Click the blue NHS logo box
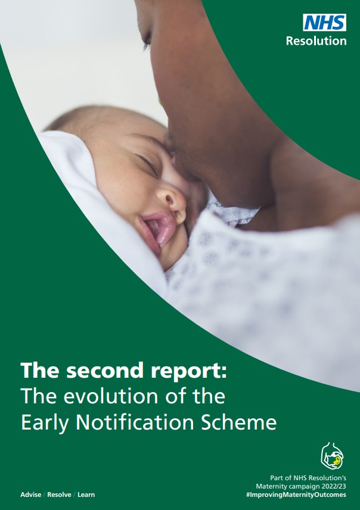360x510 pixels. tap(324, 23)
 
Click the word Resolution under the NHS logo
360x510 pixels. tap(316, 41)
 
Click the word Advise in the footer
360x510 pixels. tap(31, 495)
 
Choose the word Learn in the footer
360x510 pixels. tap(85, 495)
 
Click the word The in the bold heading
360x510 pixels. tap(39, 371)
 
